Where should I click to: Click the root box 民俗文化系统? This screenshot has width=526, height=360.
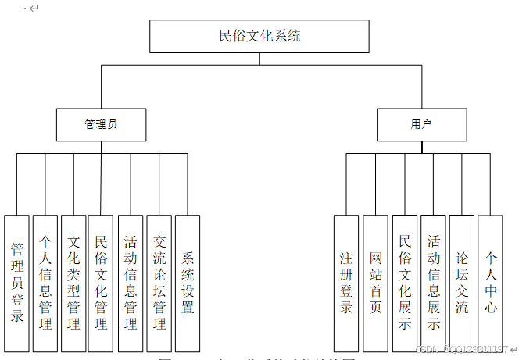[x=259, y=36]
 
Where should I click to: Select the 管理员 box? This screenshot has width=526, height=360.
[x=102, y=124]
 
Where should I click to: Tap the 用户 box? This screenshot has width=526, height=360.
[x=421, y=124]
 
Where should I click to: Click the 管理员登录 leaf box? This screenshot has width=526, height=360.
[x=16, y=283]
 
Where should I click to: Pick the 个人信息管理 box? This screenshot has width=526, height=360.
[x=45, y=283]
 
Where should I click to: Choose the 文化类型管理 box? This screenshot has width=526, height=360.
[x=73, y=283]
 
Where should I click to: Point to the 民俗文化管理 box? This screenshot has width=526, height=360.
[x=101, y=283]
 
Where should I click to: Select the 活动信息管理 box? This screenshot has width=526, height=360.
[x=131, y=283]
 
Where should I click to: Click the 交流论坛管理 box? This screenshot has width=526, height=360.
[x=159, y=283]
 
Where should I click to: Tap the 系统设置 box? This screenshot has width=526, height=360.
[x=188, y=283]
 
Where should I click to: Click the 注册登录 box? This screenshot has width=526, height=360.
[x=346, y=283]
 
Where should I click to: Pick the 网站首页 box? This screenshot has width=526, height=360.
[x=375, y=283]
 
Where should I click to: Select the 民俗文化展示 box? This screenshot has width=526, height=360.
[x=405, y=283]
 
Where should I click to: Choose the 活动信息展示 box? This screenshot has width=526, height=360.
[x=433, y=283]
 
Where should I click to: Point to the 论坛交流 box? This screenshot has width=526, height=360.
[x=462, y=283]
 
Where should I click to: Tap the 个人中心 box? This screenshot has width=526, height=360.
[x=490, y=283]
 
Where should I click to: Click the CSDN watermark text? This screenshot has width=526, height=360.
[x=461, y=349]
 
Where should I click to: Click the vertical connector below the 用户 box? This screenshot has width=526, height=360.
[x=421, y=147]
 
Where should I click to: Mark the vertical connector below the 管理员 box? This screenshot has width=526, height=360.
[x=102, y=147]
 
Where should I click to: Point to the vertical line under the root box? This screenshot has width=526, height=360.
[x=259, y=59]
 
